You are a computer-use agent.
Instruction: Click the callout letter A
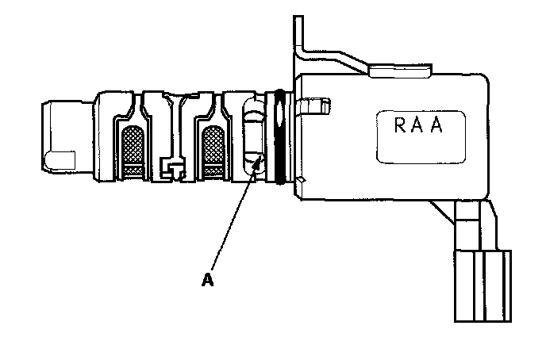pos(208,279)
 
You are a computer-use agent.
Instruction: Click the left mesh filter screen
pos(131,147)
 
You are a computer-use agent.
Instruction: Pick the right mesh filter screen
pos(212,147)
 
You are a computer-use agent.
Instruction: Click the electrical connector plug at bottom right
pos(481,285)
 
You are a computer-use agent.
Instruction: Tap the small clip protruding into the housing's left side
pos(315,104)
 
